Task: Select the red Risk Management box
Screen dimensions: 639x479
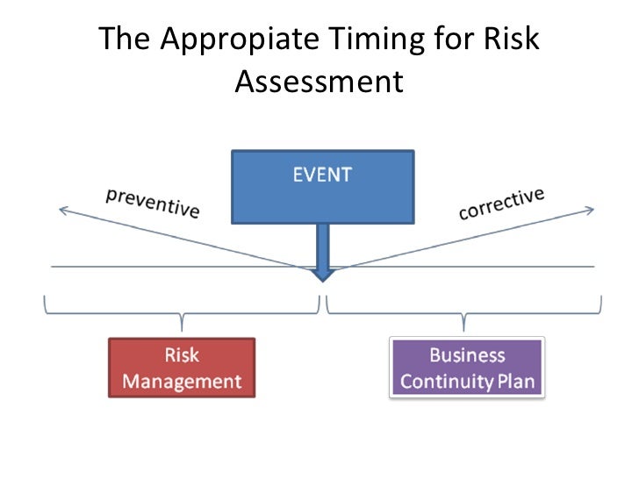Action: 182,368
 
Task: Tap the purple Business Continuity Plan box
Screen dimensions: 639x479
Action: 467,368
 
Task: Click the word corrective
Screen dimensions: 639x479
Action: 502,203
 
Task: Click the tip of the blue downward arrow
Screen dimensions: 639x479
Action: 323,278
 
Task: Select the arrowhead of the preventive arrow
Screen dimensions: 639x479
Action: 61,209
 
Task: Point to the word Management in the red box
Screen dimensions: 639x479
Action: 182,382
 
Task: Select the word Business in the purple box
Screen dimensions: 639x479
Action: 467,355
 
